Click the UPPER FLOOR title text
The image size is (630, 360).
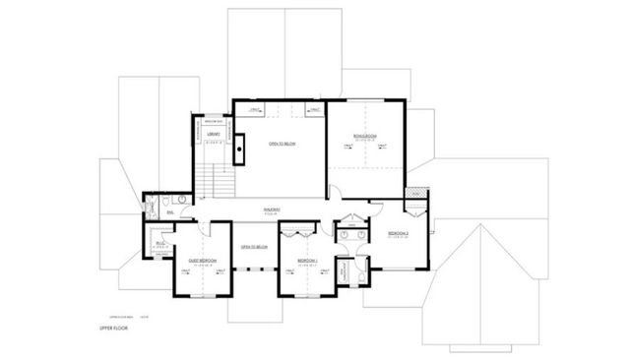coord(115,328)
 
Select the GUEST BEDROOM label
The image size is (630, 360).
coord(202,261)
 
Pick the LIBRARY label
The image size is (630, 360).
coord(213,136)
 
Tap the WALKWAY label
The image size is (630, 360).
coord(273,209)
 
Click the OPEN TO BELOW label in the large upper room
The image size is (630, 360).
coord(282,144)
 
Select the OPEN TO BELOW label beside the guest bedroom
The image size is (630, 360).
coord(255,246)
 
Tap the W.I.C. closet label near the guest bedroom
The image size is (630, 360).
coord(160,241)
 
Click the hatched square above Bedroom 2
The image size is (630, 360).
coord(417,194)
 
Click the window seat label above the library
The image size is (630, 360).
coord(213,122)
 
